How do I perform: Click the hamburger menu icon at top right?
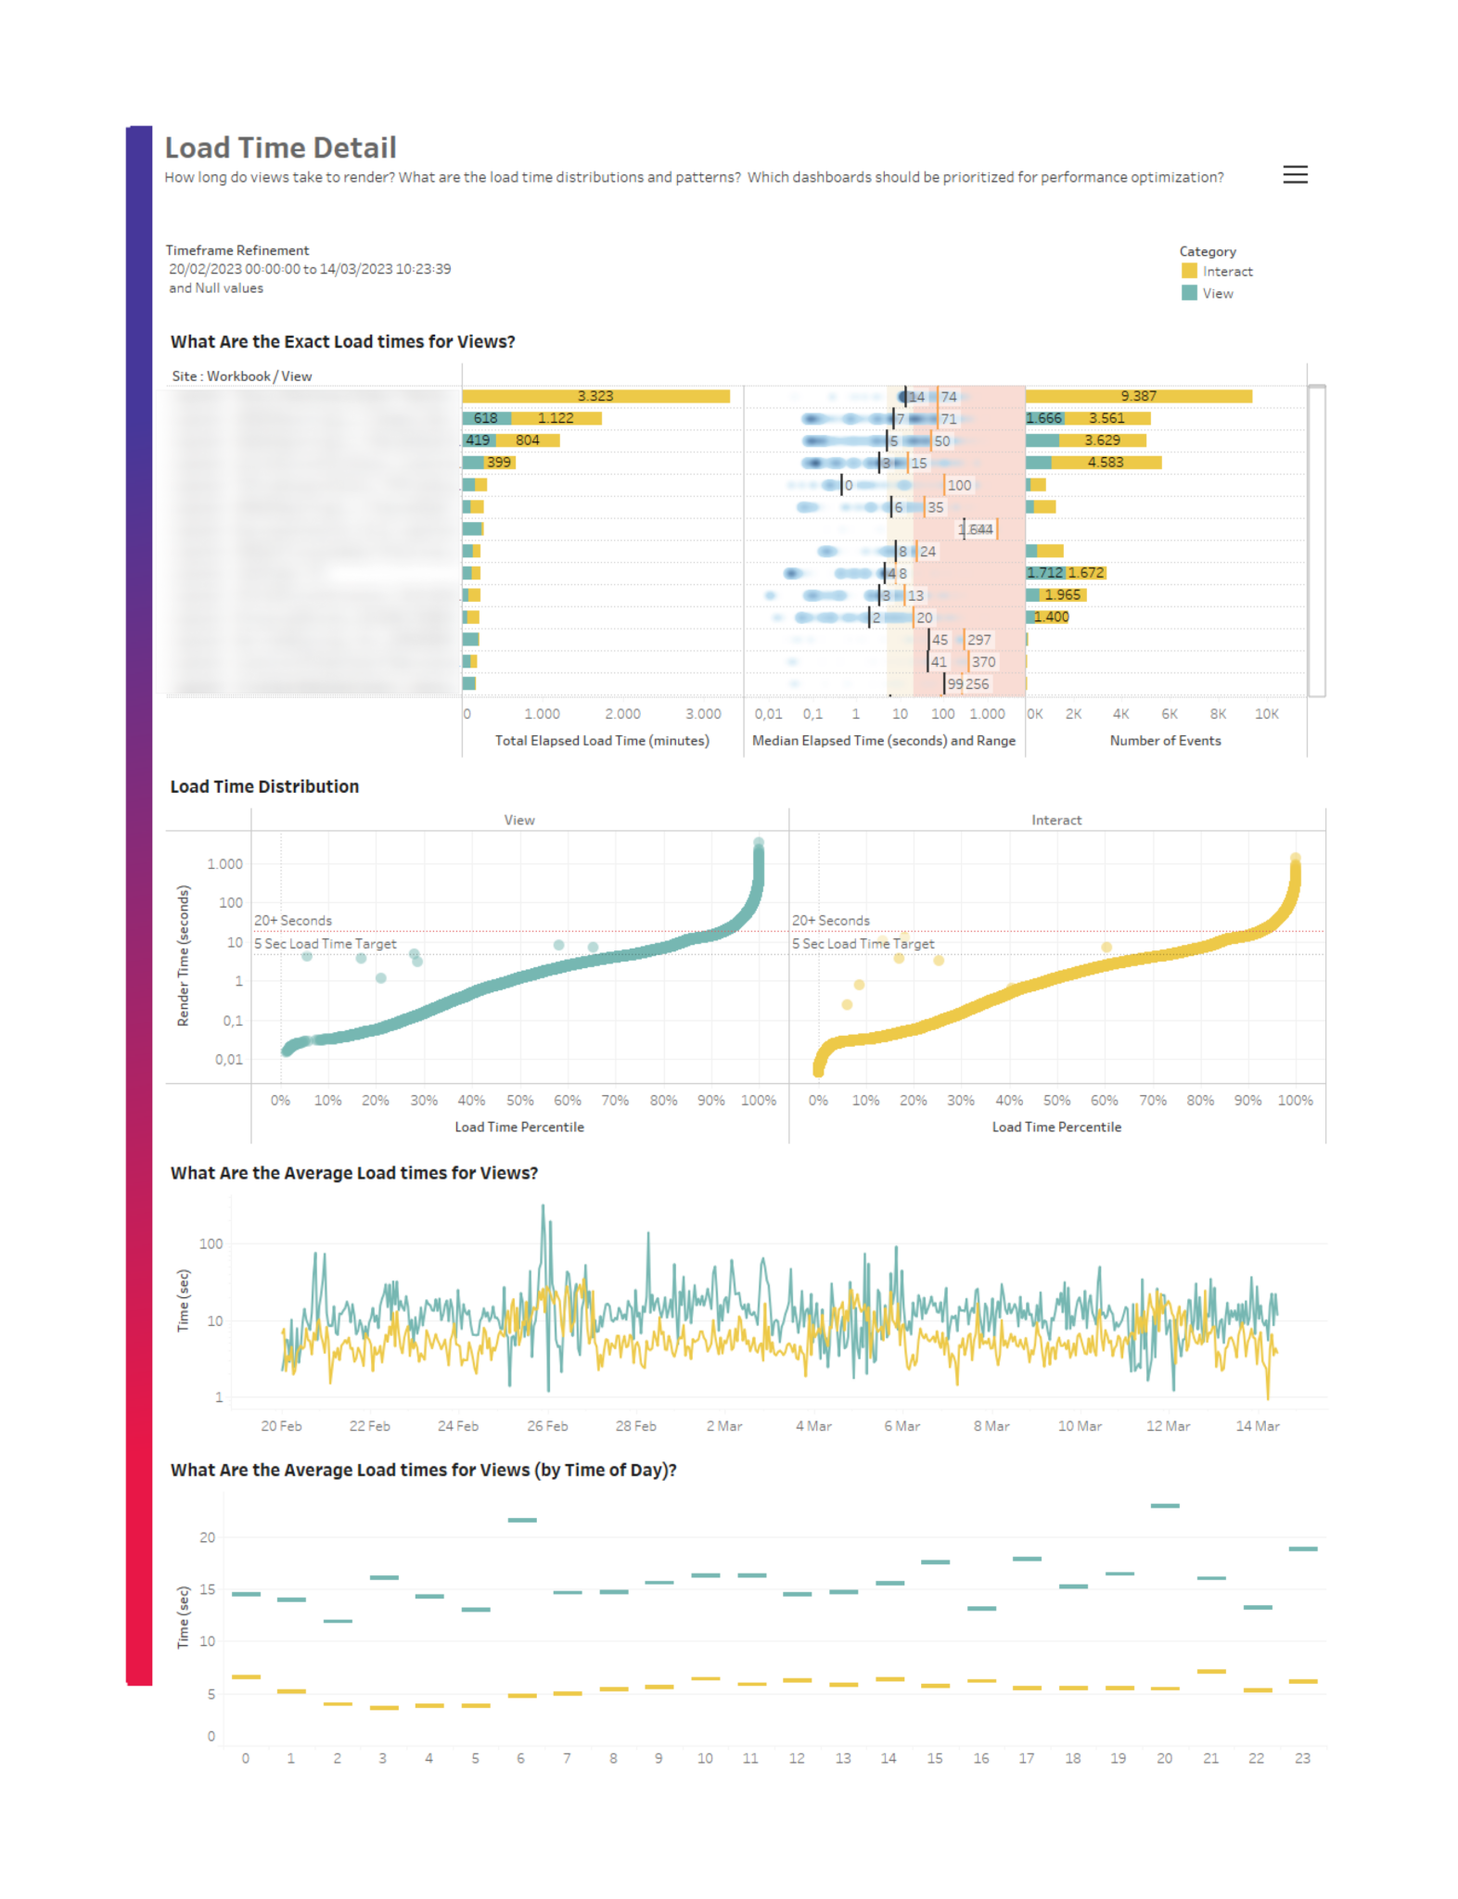[x=1295, y=174]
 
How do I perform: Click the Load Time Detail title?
[x=280, y=147]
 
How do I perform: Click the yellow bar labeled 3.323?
[x=595, y=396]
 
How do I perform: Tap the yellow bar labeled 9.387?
[x=1138, y=396]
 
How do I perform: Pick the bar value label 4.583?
[x=1105, y=463]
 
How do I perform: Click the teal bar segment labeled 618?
[x=485, y=418]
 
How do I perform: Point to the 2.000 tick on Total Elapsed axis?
[x=622, y=714]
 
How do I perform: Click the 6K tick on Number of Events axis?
[x=1170, y=714]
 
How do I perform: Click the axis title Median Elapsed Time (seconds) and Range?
[x=883, y=741]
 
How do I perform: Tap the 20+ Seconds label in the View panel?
[x=293, y=921]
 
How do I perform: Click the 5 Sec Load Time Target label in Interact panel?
[x=863, y=944]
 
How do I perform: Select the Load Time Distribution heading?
[x=264, y=787]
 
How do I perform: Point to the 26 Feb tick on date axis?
[x=547, y=1426]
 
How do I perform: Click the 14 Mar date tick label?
[x=1257, y=1426]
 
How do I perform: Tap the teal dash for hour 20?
[x=1165, y=1506]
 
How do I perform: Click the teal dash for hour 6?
[x=522, y=1521]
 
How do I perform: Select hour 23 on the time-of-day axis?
[x=1302, y=1759]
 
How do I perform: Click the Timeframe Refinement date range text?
[x=310, y=270]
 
